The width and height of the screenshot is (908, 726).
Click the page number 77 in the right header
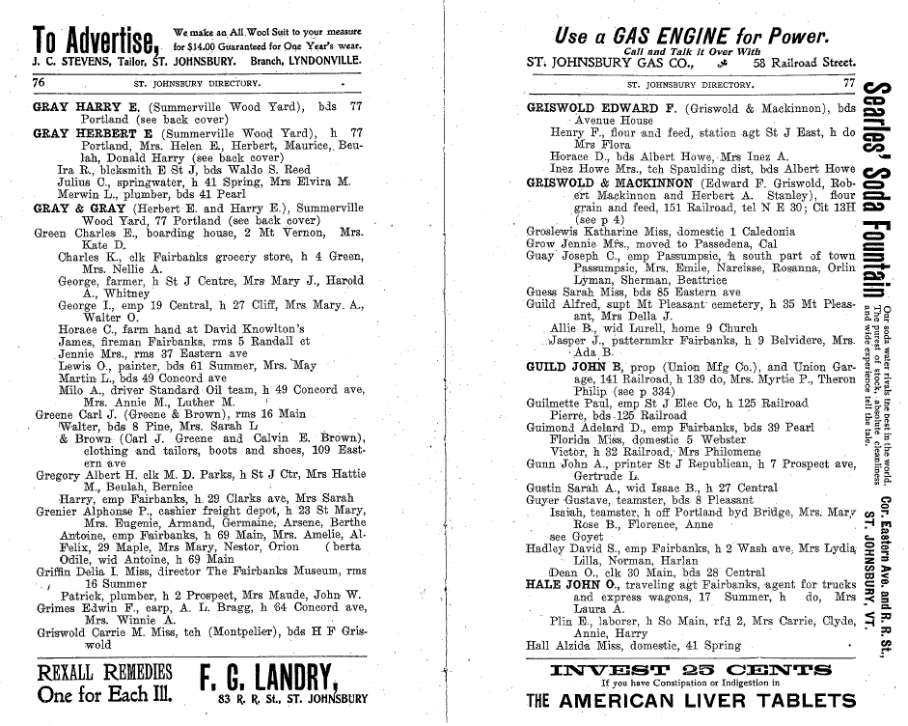point(849,84)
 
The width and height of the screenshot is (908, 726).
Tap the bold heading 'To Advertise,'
point(95,41)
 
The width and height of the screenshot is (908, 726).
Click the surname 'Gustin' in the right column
point(545,489)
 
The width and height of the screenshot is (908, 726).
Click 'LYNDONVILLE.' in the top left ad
point(322,60)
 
